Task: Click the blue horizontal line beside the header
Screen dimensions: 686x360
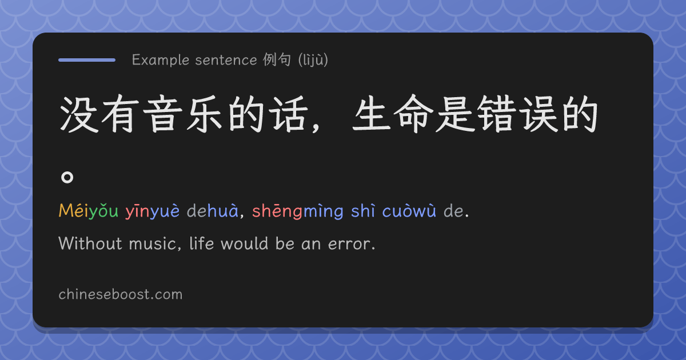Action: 87,60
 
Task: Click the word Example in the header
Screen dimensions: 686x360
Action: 161,60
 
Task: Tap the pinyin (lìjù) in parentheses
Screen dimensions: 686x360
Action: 313,60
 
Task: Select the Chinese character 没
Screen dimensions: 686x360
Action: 79,114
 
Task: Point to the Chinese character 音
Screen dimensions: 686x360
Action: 162,114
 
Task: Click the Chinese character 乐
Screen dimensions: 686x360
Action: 205,114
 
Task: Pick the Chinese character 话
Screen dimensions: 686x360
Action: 289,114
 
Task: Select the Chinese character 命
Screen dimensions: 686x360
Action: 414,114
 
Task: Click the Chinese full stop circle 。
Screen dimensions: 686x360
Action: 67,177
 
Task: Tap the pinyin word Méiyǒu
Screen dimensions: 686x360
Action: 89,211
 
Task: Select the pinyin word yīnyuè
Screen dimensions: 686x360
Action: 153,211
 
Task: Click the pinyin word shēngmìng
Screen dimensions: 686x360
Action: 298,211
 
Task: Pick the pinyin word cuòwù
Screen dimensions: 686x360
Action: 409,211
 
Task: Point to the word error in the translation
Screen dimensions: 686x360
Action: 352,244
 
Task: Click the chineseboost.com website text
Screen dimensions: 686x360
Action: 121,294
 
